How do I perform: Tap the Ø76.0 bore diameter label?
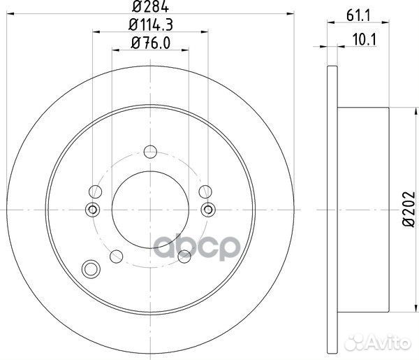pyautogui.click(x=149, y=44)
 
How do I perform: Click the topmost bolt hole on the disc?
pyautogui.click(x=149, y=150)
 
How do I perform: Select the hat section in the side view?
pyautogui.click(x=363, y=208)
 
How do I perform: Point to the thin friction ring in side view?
pyautogui.click(x=331, y=208)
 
